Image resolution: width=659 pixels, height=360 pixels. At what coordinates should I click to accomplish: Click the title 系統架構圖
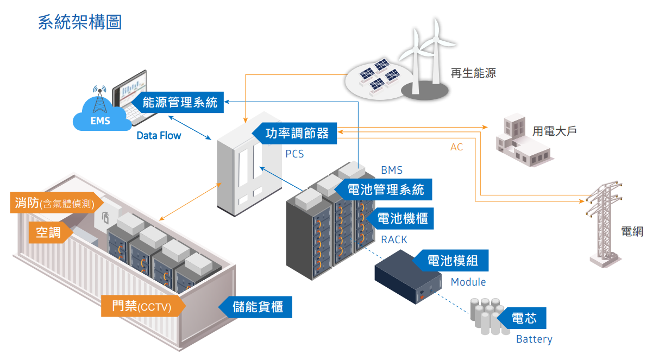pyautogui.click(x=80, y=22)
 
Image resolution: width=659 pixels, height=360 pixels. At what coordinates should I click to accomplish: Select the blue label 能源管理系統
pyautogui.click(x=178, y=102)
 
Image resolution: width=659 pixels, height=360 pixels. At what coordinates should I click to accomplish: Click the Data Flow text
pyautogui.click(x=159, y=136)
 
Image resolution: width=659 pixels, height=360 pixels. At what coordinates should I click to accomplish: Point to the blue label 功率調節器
pyautogui.click(x=294, y=133)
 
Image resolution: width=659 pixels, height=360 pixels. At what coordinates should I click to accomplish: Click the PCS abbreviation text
pyautogui.click(x=294, y=154)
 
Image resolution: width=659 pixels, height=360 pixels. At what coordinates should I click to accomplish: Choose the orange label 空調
pyautogui.click(x=51, y=232)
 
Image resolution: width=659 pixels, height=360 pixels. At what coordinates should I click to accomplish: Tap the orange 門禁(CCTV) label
pyautogui.click(x=143, y=306)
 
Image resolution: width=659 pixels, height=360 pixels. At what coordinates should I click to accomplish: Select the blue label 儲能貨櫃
pyautogui.click(x=255, y=307)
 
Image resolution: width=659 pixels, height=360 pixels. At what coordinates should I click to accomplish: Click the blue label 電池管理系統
pyautogui.click(x=383, y=190)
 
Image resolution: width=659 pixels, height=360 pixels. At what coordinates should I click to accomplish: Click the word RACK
pyautogui.click(x=394, y=239)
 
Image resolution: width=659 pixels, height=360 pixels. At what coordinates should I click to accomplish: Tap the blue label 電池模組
pyautogui.click(x=450, y=261)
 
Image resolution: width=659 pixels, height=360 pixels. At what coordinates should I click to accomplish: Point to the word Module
pyautogui.click(x=468, y=282)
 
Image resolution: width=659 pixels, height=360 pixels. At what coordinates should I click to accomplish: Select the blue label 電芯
pyautogui.click(x=522, y=318)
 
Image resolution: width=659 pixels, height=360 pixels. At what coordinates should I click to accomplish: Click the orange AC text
pyautogui.click(x=456, y=147)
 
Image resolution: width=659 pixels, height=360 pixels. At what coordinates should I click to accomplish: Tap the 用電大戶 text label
pyautogui.click(x=554, y=131)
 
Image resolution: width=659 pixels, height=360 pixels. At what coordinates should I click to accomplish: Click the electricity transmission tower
pyautogui.click(x=604, y=224)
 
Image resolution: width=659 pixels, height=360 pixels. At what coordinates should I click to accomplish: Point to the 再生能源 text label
pyautogui.click(x=473, y=73)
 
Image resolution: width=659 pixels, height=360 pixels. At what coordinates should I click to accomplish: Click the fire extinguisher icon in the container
pyautogui.click(x=105, y=218)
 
